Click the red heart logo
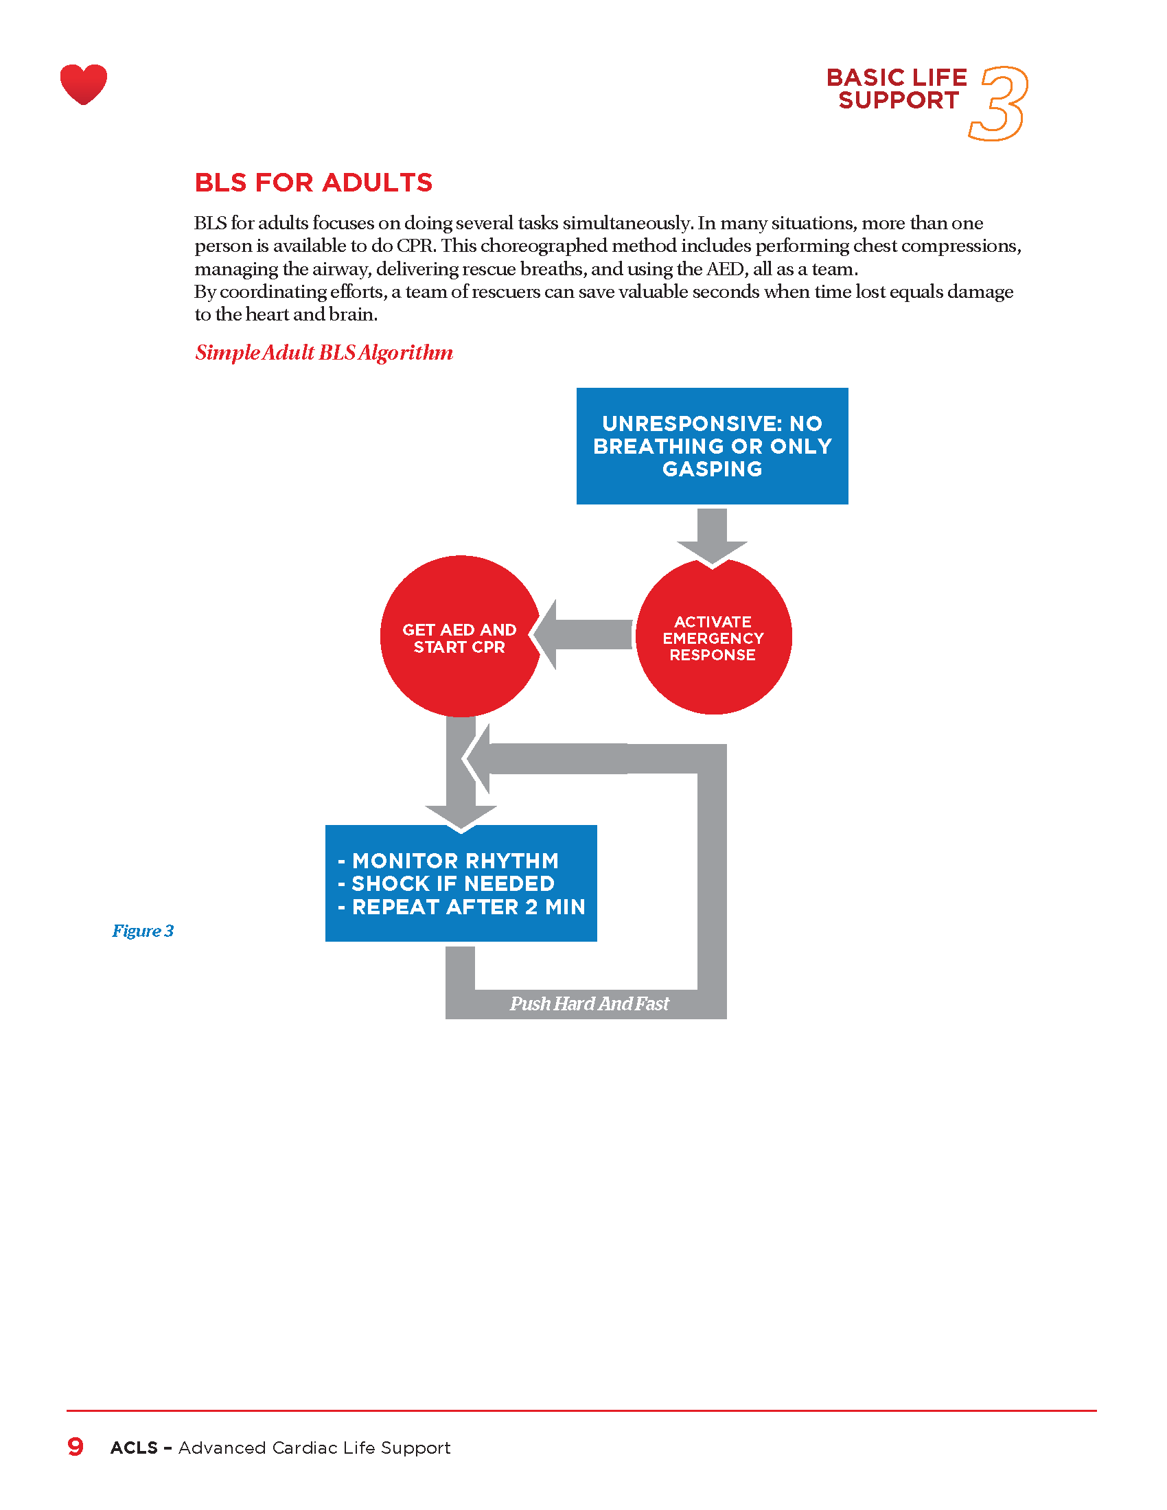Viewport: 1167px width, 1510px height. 84,84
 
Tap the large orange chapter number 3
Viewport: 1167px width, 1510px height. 1000,104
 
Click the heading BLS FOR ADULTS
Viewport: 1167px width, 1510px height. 313,183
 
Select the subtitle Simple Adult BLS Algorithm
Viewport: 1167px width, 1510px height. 323,353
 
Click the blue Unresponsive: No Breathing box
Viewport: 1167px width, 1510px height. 712,446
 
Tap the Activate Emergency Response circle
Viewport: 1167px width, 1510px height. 713,638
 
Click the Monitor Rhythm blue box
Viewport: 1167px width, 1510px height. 461,883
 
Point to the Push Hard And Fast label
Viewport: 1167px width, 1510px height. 589,1003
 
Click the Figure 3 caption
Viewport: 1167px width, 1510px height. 142,931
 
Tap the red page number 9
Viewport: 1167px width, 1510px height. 76,1446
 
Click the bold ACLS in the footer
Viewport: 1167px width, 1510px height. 134,1448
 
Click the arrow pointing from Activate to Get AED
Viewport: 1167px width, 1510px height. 584,635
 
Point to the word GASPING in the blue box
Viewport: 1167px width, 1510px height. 712,469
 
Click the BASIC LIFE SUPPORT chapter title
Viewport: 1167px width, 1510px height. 897,89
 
